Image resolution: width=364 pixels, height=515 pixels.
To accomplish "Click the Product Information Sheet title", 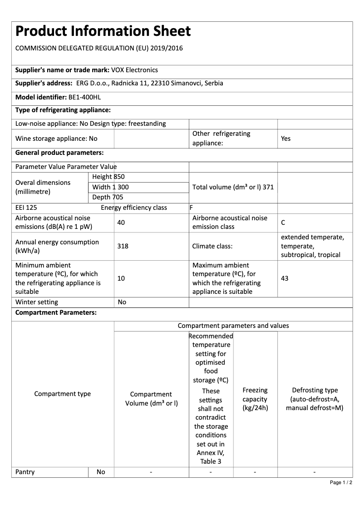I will pyautogui.click(x=103, y=31).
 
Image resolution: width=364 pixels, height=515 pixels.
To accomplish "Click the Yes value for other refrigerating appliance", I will pyautogui.click(x=285, y=139).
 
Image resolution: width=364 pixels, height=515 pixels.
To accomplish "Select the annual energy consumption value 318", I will pyautogui.click(x=123, y=246).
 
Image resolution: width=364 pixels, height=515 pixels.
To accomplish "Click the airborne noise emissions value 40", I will pyautogui.click(x=121, y=223).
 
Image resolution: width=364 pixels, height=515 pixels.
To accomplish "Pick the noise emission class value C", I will pyautogui.click(x=283, y=223).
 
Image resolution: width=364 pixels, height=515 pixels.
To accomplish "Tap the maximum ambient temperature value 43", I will pyautogui.click(x=285, y=278).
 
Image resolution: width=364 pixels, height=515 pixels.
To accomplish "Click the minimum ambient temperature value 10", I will pyautogui.click(x=121, y=278).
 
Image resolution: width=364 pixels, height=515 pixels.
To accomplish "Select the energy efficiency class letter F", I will pyautogui.click(x=191, y=208).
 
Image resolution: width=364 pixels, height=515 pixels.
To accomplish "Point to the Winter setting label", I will pyautogui.click(x=37, y=302).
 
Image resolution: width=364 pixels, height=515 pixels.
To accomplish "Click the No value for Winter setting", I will pyautogui.click(x=122, y=302).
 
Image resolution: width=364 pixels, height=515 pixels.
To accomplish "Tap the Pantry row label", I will pyautogui.click(x=25, y=472).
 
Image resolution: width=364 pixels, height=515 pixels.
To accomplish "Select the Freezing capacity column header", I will pyautogui.click(x=255, y=399).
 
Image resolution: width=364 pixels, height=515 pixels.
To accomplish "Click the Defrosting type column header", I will pyautogui.click(x=315, y=399).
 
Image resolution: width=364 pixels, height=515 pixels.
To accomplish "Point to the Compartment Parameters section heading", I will pyautogui.click(x=56, y=313).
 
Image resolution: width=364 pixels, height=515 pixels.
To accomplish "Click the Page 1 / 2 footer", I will pyautogui.click(x=341, y=482).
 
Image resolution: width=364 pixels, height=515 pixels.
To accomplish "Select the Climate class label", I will pyautogui.click(x=212, y=246).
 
